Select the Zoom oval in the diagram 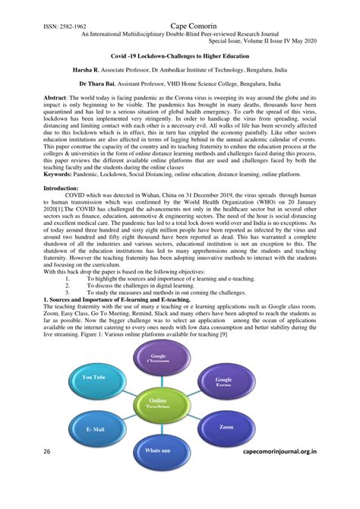(227, 428)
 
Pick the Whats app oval (157, 450)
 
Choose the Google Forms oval (224, 381)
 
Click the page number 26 (46, 451)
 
